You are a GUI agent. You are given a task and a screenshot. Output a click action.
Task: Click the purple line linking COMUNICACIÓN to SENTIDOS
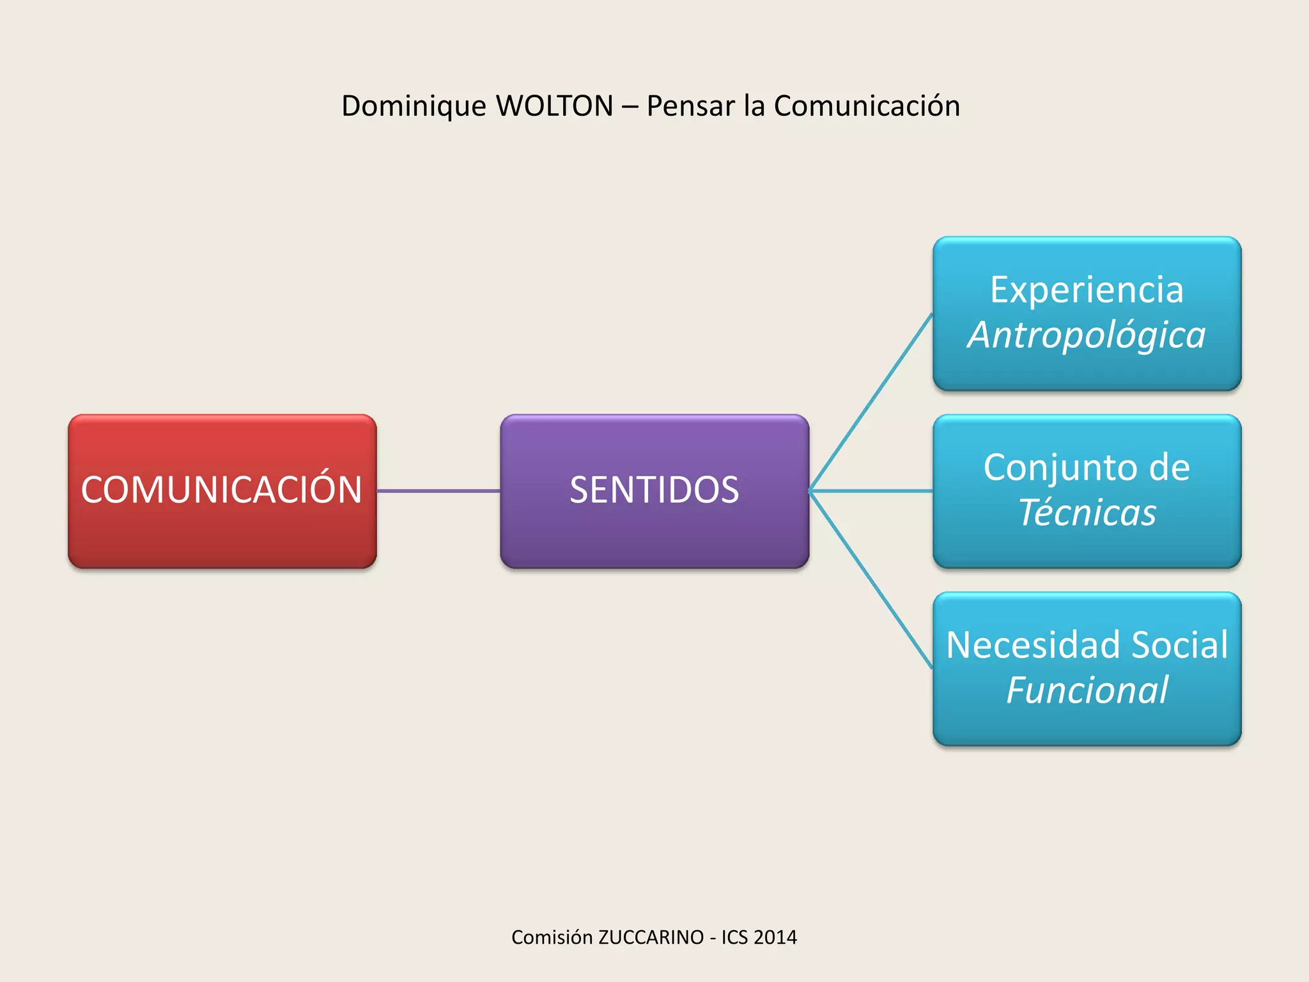pos(438,491)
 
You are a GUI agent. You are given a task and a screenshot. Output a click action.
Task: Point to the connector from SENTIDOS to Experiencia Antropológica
pos(871,402)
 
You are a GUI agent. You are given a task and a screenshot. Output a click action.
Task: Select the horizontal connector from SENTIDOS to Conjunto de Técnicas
pos(871,491)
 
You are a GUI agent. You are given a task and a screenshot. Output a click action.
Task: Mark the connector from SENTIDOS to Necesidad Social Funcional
pos(871,580)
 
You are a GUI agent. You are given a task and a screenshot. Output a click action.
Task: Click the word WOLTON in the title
pos(554,106)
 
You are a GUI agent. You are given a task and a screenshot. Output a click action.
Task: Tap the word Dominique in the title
pos(414,106)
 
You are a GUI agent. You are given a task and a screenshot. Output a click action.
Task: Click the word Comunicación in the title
pos(867,106)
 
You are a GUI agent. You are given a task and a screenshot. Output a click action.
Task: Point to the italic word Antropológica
pos(1087,335)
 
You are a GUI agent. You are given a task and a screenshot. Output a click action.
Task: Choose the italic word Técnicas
pos(1087,513)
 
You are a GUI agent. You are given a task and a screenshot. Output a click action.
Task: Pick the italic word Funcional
pos(1087,690)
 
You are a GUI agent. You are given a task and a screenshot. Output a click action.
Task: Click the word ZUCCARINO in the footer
pos(651,937)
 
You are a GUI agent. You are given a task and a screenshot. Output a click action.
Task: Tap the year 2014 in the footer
pos(775,937)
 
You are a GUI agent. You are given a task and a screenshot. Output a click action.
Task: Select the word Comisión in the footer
pos(552,937)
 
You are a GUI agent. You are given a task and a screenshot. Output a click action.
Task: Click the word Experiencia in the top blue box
pos(1087,290)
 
